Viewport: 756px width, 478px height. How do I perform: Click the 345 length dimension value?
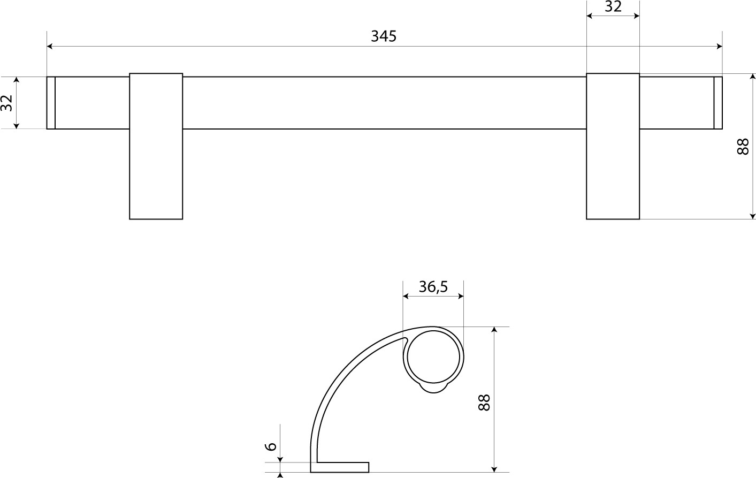coord(384,36)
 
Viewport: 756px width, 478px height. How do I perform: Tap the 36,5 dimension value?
coord(433,286)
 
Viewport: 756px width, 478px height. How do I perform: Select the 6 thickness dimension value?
coord(271,446)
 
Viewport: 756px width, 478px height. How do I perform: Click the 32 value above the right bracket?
coord(613,6)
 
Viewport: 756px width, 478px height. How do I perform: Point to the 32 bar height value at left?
coord(6,103)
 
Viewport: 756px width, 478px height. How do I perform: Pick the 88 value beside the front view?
coord(743,147)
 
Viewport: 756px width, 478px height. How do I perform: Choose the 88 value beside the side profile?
coord(484,403)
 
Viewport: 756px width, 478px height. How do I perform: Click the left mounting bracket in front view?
coord(156,146)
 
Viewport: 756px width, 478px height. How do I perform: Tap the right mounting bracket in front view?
coord(613,146)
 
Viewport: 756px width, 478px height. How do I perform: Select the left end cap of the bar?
coord(51,103)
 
